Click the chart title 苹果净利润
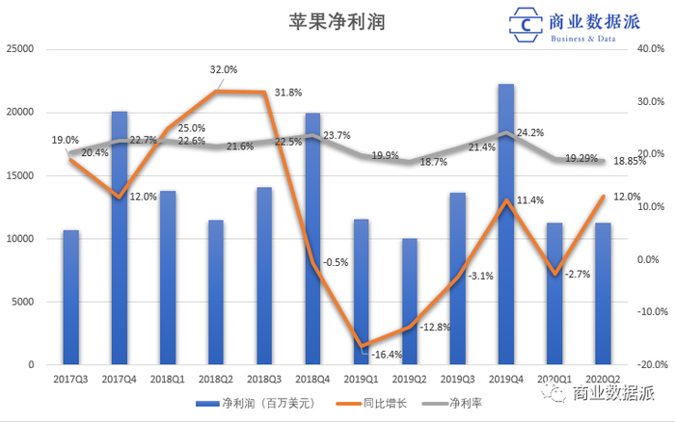coord(337,22)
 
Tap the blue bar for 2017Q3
coord(70,298)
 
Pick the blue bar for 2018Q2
coord(215,293)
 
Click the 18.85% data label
coord(629,161)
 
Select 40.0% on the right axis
coord(650,49)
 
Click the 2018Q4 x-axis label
coord(311,380)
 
